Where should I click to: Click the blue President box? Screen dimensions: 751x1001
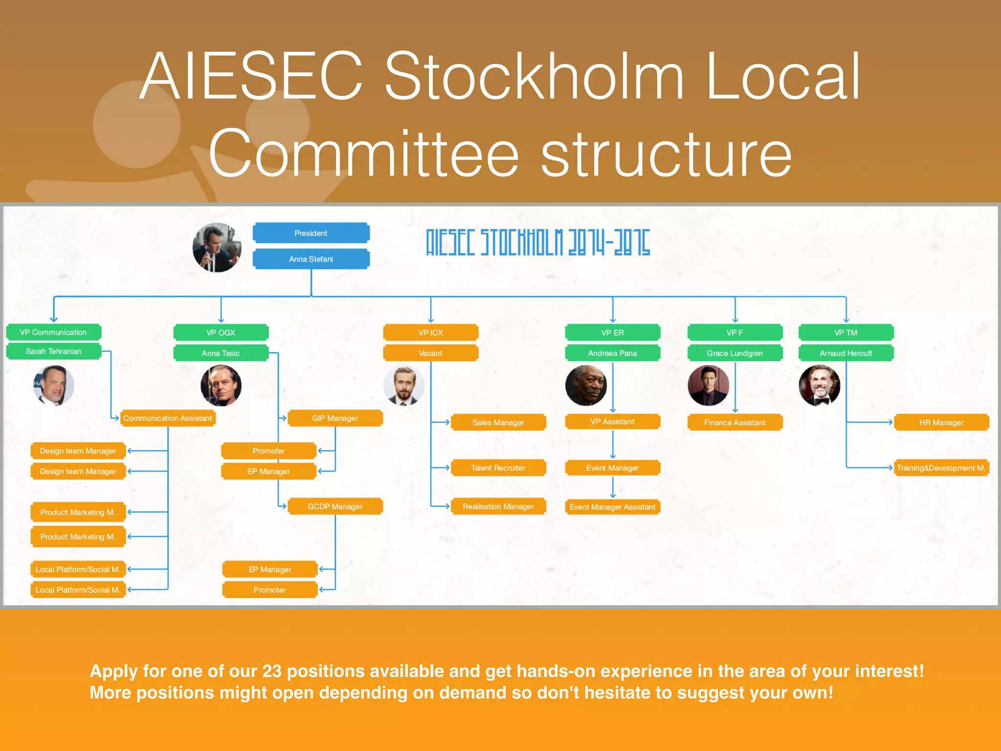click(311, 233)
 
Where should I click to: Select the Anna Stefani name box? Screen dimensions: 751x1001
click(311, 259)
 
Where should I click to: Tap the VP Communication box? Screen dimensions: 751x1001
click(53, 332)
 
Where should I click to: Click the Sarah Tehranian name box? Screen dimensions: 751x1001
click(53, 352)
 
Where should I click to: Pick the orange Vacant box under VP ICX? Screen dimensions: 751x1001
click(430, 353)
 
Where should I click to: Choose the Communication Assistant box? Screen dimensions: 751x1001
click(168, 419)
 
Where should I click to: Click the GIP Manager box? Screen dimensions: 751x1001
click(335, 419)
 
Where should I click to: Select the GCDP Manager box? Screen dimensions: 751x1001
click(335, 507)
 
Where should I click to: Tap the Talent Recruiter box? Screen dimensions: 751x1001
click(498, 468)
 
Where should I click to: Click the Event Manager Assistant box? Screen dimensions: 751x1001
click(612, 507)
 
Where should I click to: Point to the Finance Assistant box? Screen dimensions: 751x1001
click(735, 422)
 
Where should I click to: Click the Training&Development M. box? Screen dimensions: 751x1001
click(941, 468)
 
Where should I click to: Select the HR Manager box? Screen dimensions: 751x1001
click(941, 422)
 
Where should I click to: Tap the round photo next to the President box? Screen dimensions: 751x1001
click(217, 248)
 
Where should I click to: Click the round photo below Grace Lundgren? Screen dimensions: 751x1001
click(708, 386)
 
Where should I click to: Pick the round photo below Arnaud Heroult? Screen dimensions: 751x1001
click(820, 386)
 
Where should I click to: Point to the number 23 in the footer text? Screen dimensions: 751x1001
click(272, 671)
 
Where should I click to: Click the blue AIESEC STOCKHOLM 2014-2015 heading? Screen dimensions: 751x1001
click(538, 243)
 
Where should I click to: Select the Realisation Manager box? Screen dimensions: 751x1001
click(498, 507)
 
